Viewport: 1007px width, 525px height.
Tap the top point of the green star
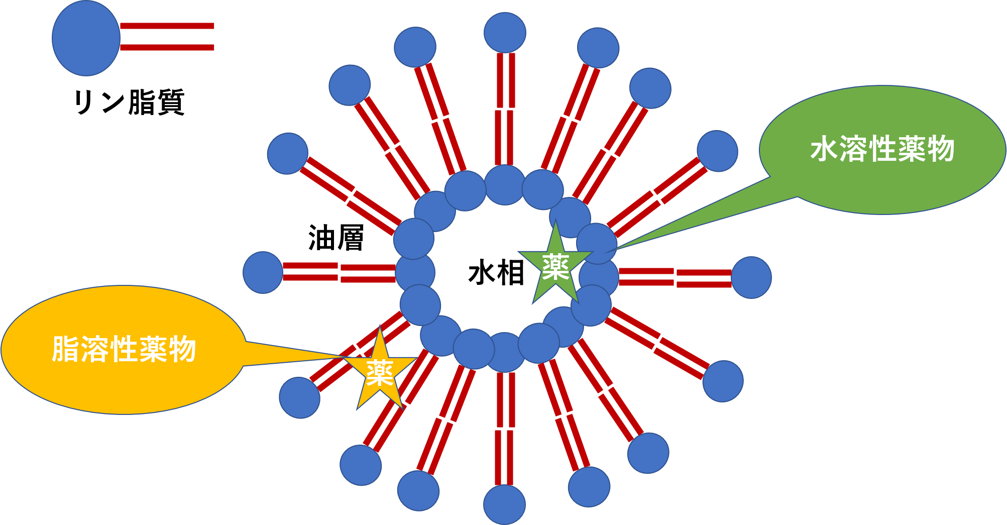pyautogui.click(x=556, y=220)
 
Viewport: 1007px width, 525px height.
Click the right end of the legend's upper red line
pyautogui.click(x=214, y=26)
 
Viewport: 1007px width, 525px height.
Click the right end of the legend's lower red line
pyautogui.click(x=214, y=47)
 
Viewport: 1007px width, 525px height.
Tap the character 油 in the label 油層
pyautogui.click(x=321, y=238)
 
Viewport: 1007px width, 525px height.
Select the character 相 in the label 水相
pyautogui.click(x=510, y=273)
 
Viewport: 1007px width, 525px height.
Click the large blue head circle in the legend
pyautogui.click(x=86, y=38)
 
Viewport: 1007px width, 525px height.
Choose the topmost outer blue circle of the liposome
pyautogui.click(x=505, y=32)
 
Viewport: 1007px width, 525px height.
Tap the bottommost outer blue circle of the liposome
pyautogui.click(x=504, y=504)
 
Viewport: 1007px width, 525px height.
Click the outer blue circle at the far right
pyautogui.click(x=751, y=277)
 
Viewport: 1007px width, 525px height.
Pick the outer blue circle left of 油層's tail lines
pyautogui.click(x=263, y=272)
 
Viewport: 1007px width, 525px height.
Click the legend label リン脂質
pyautogui.click(x=129, y=102)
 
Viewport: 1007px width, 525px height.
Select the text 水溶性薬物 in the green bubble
pyautogui.click(x=882, y=149)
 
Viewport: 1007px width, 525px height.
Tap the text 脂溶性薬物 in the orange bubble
pyautogui.click(x=124, y=349)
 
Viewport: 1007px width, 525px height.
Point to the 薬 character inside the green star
pyautogui.click(x=555, y=267)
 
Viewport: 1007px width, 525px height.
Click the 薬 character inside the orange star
pyautogui.click(x=380, y=373)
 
